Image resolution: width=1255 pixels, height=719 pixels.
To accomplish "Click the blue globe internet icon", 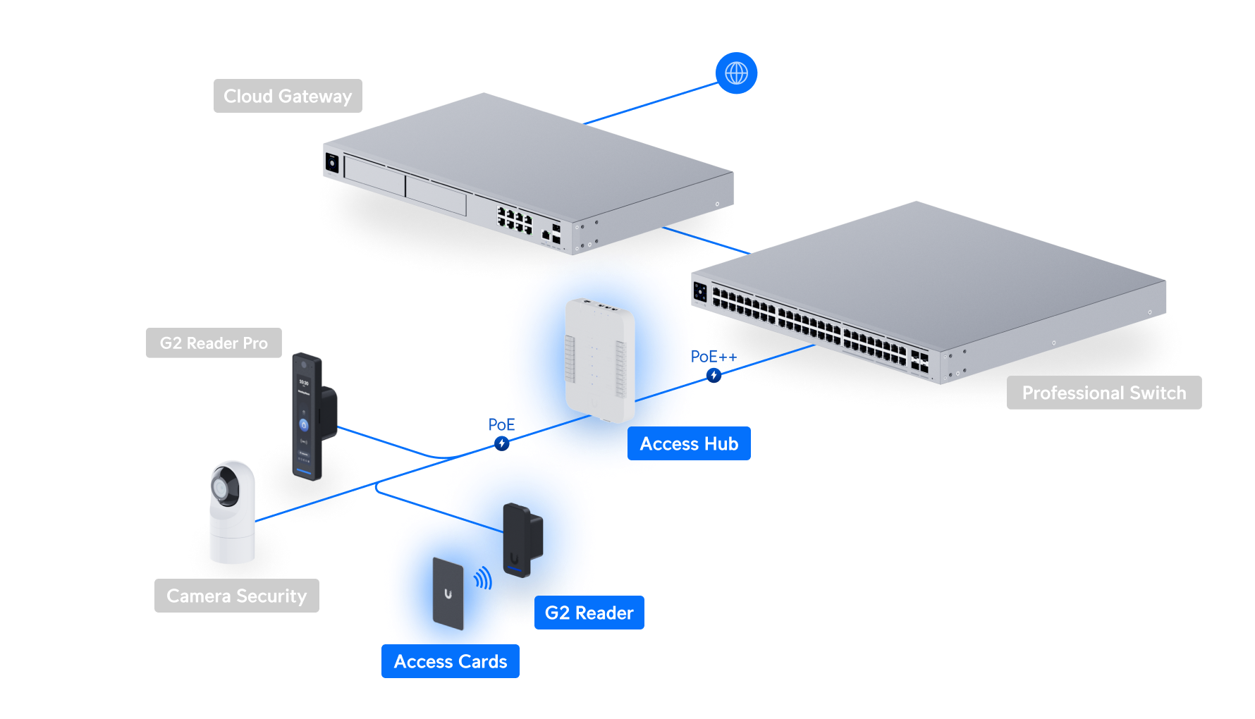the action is click(x=736, y=73).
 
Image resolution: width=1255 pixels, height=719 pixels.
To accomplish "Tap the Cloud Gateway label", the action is click(x=288, y=96).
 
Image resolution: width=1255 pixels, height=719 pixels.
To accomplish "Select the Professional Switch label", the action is click(x=1104, y=393).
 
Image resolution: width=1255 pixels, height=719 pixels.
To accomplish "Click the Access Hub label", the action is click(x=689, y=443).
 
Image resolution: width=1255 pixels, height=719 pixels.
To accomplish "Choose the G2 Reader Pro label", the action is click(x=214, y=343).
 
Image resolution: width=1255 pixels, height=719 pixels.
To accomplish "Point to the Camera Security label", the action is click(x=237, y=596).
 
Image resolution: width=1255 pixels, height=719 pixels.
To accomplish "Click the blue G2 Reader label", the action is click(x=589, y=613).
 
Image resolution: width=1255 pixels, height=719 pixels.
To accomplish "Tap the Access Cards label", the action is click(x=451, y=661).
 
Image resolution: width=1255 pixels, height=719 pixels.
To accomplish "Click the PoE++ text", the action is click(x=714, y=357).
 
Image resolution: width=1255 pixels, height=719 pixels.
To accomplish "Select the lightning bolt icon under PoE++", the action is click(x=714, y=376).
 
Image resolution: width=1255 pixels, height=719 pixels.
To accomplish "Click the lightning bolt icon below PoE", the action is click(x=501, y=443).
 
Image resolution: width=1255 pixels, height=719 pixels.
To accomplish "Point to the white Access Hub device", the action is click(x=600, y=360).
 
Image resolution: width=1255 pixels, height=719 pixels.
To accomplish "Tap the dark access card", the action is click(x=448, y=594).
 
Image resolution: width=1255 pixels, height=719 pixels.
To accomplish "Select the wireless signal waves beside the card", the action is click(x=483, y=579).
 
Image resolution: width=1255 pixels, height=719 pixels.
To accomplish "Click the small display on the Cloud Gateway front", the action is click(x=332, y=163).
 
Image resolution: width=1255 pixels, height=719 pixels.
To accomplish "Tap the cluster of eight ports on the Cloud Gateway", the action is click(x=515, y=220).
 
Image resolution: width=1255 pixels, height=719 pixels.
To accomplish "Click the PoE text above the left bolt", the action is click(x=501, y=424).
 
